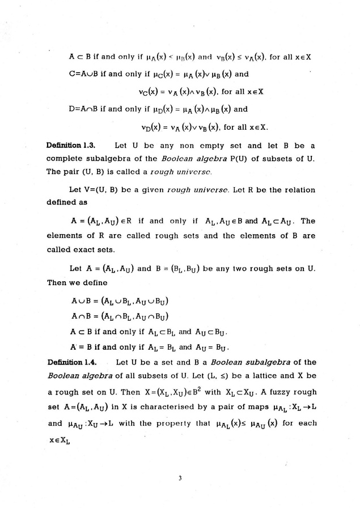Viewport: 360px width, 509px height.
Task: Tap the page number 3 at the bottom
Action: (180, 480)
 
